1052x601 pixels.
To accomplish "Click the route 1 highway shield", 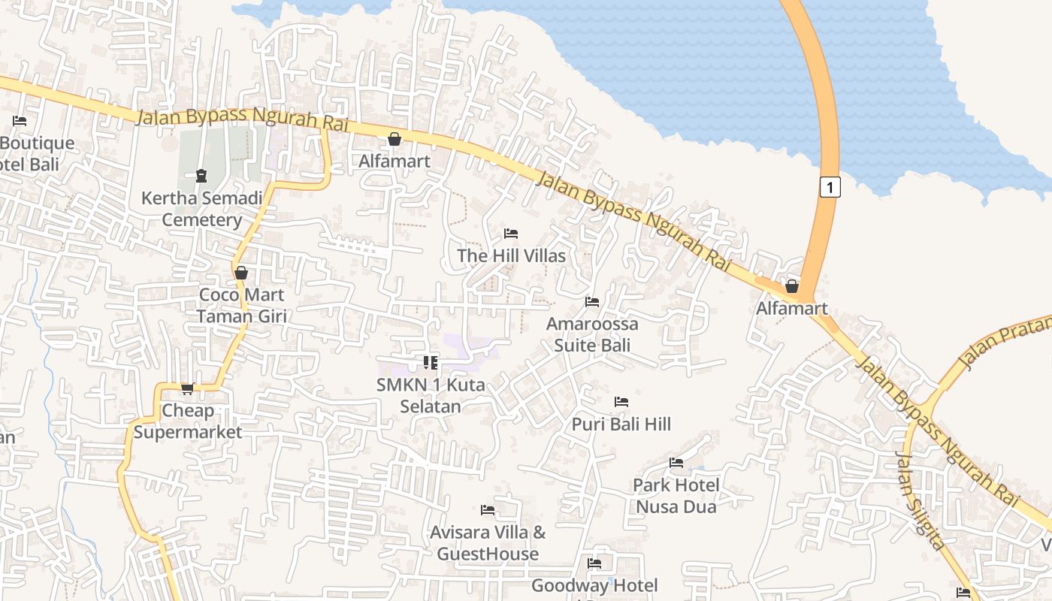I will click(x=830, y=186).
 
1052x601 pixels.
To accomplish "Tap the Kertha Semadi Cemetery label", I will click(x=202, y=209).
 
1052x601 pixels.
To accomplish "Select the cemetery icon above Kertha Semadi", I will click(x=201, y=176).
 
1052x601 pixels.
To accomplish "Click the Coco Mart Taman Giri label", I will click(x=241, y=305).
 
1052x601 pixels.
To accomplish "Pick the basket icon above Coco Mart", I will click(x=241, y=273).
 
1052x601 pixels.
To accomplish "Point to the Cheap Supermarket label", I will click(x=188, y=421).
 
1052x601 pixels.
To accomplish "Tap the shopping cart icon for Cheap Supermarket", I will click(x=187, y=388).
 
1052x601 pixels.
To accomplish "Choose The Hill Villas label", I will click(x=511, y=255).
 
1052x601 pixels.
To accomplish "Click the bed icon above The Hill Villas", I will click(x=511, y=234).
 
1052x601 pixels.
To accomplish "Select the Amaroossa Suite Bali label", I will click(x=592, y=334).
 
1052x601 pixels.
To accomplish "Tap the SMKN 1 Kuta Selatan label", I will click(x=431, y=395).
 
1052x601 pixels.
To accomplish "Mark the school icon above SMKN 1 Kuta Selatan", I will click(x=431, y=363).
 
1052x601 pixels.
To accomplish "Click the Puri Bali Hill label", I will click(x=621, y=424).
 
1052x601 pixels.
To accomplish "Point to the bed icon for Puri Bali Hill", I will click(x=621, y=402).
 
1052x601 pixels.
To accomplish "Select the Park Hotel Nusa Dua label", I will click(x=676, y=495).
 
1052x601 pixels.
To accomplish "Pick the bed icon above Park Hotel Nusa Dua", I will click(x=676, y=463).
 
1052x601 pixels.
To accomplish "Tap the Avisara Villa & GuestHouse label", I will click(x=488, y=543).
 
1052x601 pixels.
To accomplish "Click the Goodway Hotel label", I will click(x=594, y=585).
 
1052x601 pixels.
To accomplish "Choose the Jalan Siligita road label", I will click(x=920, y=501).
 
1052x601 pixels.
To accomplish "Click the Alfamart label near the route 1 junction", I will click(x=791, y=308).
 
